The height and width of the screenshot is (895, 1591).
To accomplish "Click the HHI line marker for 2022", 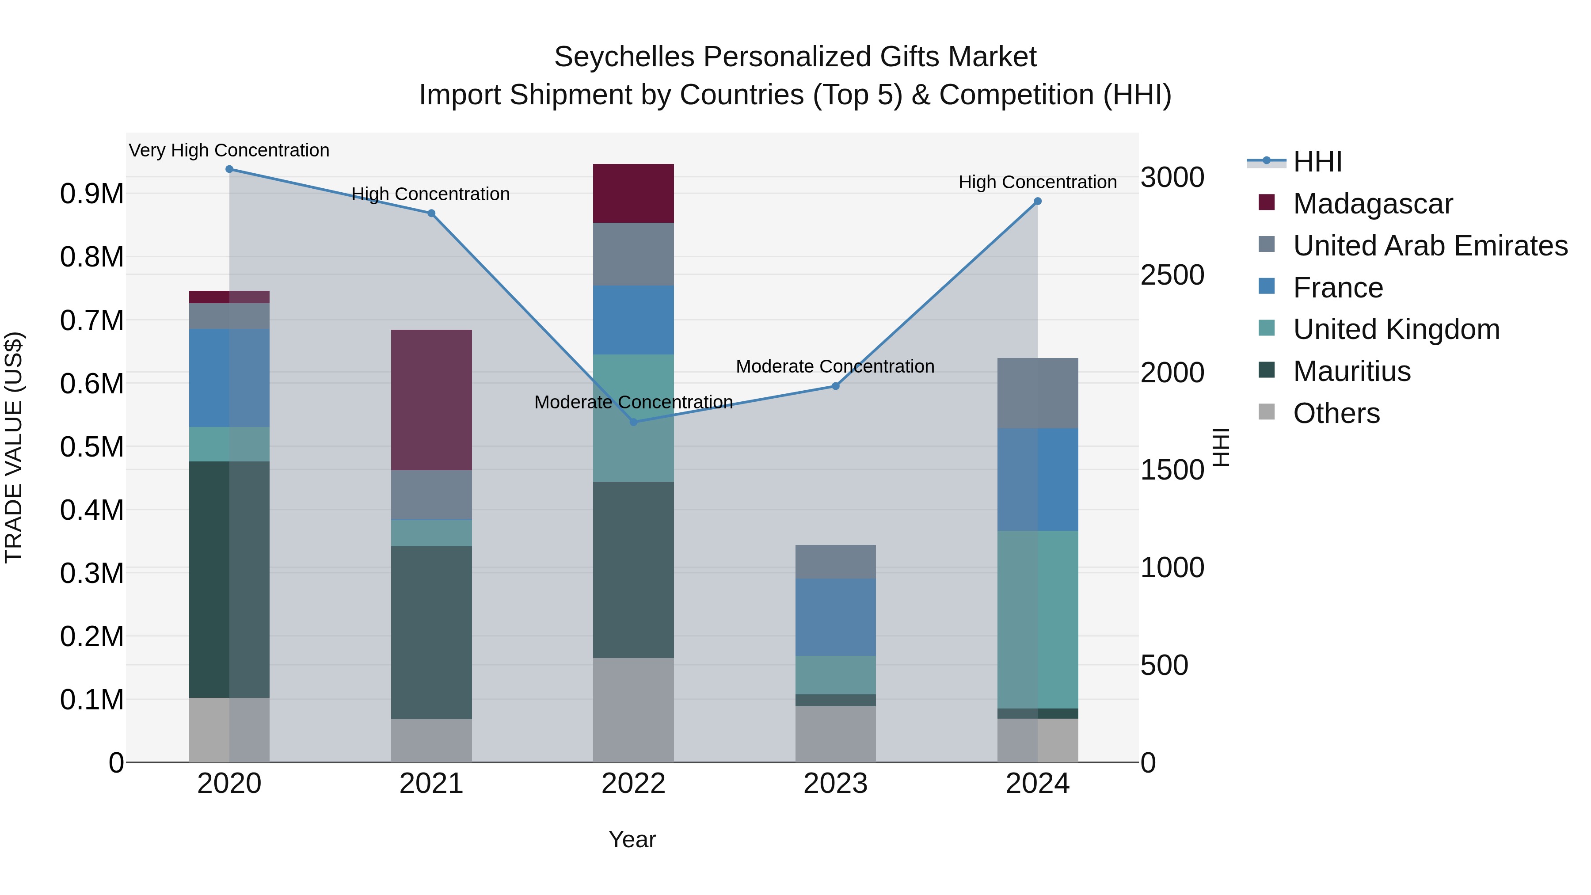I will pyautogui.click(x=633, y=423).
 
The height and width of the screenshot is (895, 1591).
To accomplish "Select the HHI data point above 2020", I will pyautogui.click(x=229, y=169).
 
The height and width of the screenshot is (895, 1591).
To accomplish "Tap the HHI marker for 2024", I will pyautogui.click(x=1038, y=202).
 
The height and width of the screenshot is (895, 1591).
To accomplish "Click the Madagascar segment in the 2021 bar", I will pyautogui.click(x=431, y=400).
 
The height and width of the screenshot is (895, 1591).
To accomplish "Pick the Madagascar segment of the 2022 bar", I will pyautogui.click(x=633, y=193).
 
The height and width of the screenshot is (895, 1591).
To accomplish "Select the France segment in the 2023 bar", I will pyautogui.click(x=835, y=617).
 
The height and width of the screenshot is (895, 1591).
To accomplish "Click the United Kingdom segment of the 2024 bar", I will pyautogui.click(x=1038, y=620).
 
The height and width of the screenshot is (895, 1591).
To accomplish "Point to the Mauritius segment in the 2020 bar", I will pyautogui.click(x=229, y=579).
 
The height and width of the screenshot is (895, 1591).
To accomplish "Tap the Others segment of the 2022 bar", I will pyautogui.click(x=633, y=710).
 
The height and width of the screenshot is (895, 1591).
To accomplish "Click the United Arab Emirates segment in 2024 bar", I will pyautogui.click(x=1038, y=393).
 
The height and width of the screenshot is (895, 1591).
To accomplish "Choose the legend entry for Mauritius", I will pyautogui.click(x=1351, y=371).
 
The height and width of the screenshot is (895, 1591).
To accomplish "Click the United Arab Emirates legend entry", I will pyautogui.click(x=1430, y=245).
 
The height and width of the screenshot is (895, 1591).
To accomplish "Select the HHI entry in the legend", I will pyautogui.click(x=1317, y=162).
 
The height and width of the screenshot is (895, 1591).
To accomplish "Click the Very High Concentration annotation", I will pyautogui.click(x=229, y=150).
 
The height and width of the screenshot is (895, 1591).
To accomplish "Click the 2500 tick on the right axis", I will pyautogui.click(x=1172, y=275).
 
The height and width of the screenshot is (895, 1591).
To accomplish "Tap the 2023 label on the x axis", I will pyautogui.click(x=835, y=784).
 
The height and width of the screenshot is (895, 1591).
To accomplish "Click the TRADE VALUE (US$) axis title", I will pyautogui.click(x=14, y=447).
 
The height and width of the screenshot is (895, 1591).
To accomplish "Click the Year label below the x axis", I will pyautogui.click(x=632, y=839).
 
